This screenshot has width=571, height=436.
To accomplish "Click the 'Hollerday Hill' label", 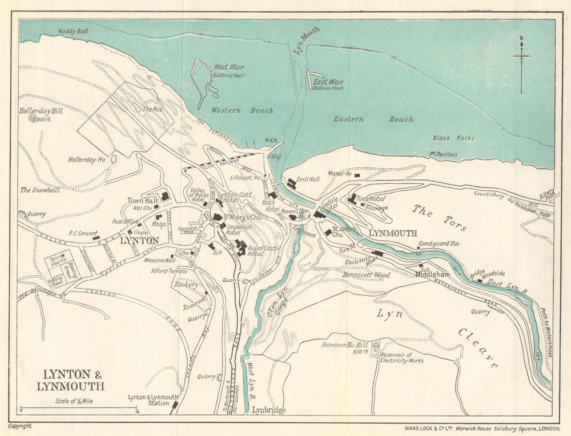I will [41, 111].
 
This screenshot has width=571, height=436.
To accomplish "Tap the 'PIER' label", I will [271, 140].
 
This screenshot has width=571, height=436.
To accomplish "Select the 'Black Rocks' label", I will [449, 138].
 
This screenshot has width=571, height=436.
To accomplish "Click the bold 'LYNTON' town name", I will [139, 241].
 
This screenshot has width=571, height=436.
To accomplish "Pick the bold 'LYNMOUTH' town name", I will [393, 234].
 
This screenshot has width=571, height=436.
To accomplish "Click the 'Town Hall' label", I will [142, 201].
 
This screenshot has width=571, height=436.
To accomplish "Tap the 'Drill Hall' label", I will [308, 179].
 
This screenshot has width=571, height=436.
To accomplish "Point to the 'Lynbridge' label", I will [268, 410].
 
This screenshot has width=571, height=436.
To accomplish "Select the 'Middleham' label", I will [433, 274].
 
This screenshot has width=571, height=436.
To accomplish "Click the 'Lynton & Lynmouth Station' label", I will [153, 400].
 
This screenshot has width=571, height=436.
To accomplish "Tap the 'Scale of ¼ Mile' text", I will [74, 401].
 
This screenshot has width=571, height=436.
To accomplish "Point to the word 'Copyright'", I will [20, 426].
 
